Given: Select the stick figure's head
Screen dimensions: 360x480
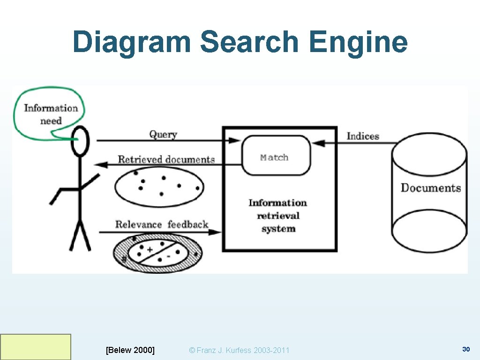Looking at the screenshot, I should pos(79,141).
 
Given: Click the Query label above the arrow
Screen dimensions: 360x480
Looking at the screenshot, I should pos(163,134).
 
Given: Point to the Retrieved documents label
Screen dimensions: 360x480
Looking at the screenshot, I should pos(166,159).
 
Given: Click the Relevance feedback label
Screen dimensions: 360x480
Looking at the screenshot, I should pos(162,225).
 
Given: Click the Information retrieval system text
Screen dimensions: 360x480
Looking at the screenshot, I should pos(278,216).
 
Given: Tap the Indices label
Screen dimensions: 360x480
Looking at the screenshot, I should pos(362,136).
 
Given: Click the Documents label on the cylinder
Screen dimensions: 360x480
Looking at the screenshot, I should pos(430,188).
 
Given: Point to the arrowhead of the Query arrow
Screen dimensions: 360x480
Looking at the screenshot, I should pos(234,140).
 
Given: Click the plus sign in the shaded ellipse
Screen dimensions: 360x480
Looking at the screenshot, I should pos(150,250).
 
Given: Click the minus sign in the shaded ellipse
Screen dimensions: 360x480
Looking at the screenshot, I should pos(168,256).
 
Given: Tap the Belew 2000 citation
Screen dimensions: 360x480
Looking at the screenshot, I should pos(130,350).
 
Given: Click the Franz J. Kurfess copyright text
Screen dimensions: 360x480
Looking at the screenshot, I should pos(239,350).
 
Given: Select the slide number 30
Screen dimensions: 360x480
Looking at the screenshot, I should pos(466,349).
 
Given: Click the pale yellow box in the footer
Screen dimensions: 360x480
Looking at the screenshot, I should pos(36,347).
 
